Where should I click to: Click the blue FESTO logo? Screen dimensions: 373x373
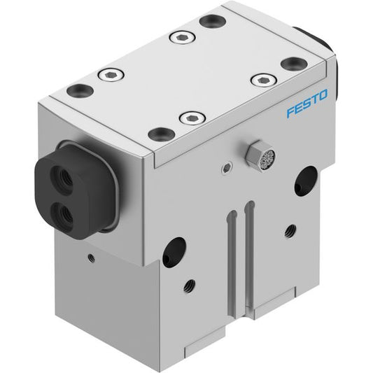[307, 104]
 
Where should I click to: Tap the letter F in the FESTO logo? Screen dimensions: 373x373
[290, 112]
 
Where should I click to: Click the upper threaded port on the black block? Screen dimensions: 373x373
[60, 177]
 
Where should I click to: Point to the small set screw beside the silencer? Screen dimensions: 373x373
[227, 169]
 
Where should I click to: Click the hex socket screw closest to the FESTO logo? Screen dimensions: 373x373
[264, 80]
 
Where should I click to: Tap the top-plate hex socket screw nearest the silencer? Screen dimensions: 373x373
[192, 118]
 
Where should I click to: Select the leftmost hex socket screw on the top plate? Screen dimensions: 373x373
[111, 76]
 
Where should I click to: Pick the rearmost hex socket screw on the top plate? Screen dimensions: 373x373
[183, 38]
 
